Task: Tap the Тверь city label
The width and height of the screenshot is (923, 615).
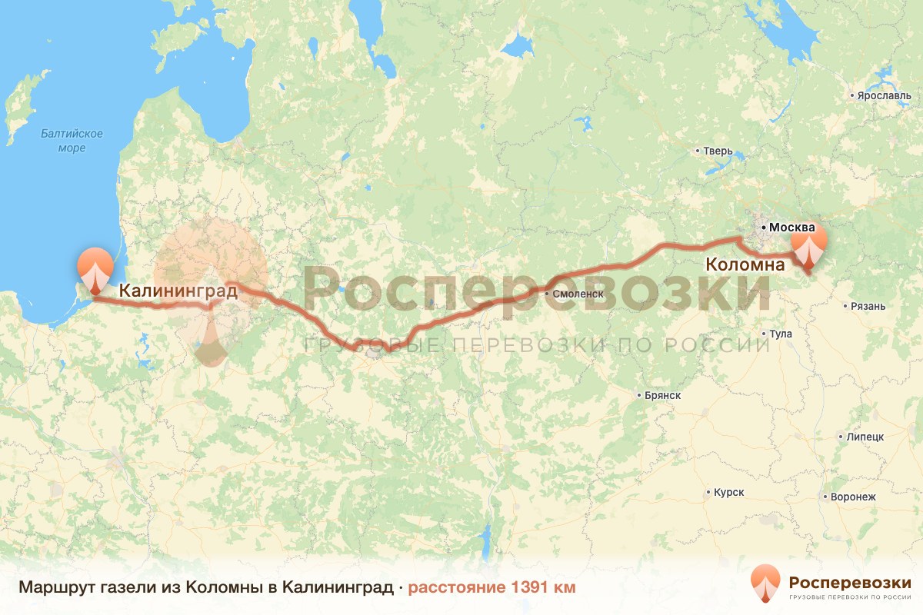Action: coord(716,151)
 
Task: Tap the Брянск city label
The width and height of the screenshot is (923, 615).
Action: coord(662,395)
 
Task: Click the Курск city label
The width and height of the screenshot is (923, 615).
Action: coord(728,492)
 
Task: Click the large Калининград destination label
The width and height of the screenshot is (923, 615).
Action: coord(178,291)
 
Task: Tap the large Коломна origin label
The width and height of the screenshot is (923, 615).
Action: coord(745,265)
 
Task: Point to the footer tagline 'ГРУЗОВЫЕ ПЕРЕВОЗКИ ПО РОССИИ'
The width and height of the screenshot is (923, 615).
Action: coord(850,597)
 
